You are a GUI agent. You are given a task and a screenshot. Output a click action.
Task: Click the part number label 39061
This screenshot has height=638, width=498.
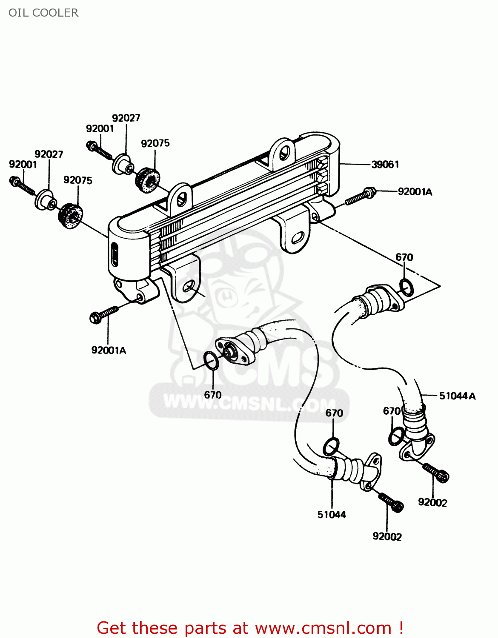385,165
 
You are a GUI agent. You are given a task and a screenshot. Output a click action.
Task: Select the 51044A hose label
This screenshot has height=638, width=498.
457,396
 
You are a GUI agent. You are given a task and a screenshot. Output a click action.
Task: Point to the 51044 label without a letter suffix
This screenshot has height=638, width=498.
332,515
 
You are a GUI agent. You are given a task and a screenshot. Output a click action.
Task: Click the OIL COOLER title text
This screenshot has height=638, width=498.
43,13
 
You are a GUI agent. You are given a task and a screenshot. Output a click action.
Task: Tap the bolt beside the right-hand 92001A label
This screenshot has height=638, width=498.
360,197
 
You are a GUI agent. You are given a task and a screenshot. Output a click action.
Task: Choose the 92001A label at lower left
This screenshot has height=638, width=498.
109,350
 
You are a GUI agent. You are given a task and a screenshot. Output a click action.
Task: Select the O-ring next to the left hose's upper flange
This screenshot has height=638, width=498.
211,361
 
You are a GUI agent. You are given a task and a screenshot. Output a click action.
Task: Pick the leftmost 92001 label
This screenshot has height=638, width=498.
23,165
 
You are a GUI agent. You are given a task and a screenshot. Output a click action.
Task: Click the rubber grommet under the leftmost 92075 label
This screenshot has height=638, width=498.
70,216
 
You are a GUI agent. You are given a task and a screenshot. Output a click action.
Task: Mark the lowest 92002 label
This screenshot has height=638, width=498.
387,537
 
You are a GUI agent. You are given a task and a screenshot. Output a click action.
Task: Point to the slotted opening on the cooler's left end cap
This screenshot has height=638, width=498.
114,254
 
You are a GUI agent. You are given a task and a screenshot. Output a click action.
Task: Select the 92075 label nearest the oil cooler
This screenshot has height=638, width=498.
155,143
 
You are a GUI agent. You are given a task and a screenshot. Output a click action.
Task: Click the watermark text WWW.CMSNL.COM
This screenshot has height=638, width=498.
249,402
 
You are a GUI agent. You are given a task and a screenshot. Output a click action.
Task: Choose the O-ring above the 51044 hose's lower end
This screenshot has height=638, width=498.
331,447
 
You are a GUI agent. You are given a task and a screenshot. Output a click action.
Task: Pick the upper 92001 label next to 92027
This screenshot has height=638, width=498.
100,128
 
